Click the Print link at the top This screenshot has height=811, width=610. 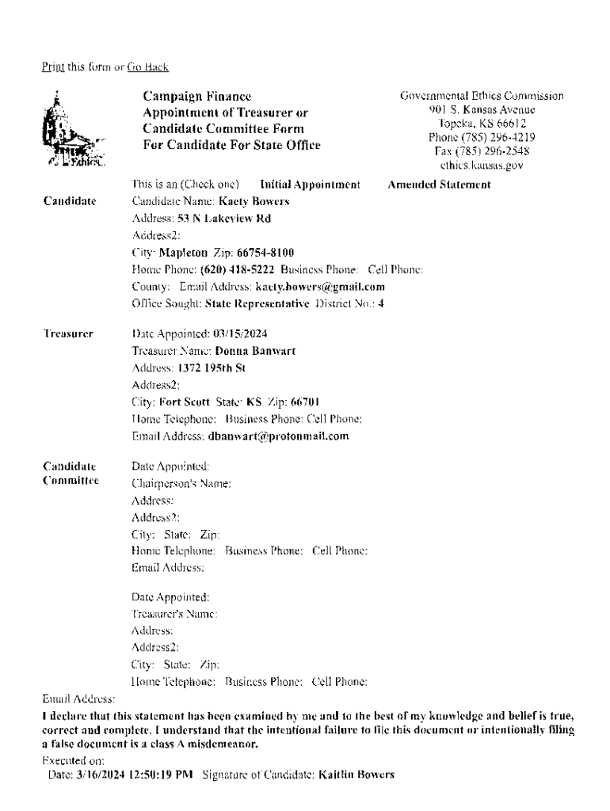point(52,67)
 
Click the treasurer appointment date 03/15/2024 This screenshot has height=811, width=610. point(234,334)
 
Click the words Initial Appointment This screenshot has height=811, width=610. point(311,185)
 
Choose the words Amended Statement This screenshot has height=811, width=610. point(439,185)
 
